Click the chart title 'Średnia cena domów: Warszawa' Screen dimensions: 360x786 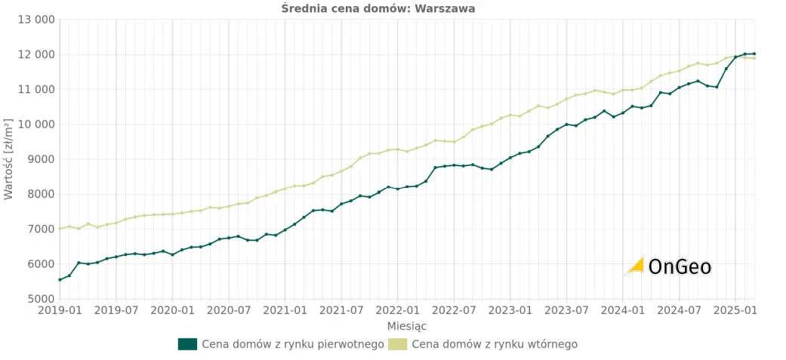pyautogui.click(x=378, y=8)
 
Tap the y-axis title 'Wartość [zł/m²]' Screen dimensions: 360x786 pyautogui.click(x=8, y=158)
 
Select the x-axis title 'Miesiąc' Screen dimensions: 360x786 pyautogui.click(x=407, y=326)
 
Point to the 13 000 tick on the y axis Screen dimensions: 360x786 pyautogui.click(x=35, y=20)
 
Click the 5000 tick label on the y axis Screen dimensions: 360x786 pyautogui.click(x=41, y=299)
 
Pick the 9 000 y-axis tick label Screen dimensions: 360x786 pyautogui.click(x=39, y=159)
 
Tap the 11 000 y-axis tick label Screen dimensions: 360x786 pyautogui.click(x=35, y=89)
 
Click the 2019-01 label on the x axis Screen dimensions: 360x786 pyautogui.click(x=60, y=310)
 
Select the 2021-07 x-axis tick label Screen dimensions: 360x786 pyautogui.click(x=341, y=310)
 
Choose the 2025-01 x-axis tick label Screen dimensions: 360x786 pyautogui.click(x=736, y=310)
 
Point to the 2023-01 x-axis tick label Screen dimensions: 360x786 pyautogui.click(x=510, y=310)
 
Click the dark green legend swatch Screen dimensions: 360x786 pyautogui.click(x=187, y=344)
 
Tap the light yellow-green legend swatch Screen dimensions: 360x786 pyautogui.click(x=397, y=344)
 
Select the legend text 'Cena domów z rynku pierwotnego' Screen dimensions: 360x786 pyautogui.click(x=293, y=344)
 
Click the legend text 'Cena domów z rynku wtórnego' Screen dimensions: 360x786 pyautogui.click(x=495, y=344)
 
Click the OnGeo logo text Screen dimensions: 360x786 pyautogui.click(x=680, y=266)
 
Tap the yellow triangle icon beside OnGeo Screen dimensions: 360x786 pyautogui.click(x=635, y=266)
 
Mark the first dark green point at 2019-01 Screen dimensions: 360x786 pyautogui.click(x=60, y=280)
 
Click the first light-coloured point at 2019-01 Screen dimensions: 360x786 pyautogui.click(x=60, y=229)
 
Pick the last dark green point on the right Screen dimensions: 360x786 pyautogui.click(x=754, y=54)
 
